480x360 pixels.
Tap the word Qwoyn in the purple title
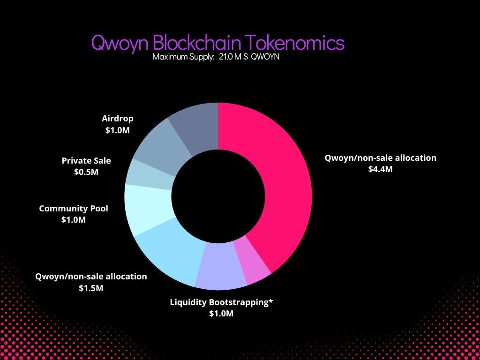pyautogui.click(x=120, y=43)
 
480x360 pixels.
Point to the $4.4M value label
pyautogui.click(x=380, y=169)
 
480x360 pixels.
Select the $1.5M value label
pyautogui.click(x=91, y=288)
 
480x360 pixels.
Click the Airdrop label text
pyautogui.click(x=117, y=119)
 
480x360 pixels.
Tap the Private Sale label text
pyautogui.click(x=86, y=161)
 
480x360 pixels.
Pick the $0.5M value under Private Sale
pyautogui.click(x=86, y=172)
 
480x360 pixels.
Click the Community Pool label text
pyautogui.click(x=74, y=208)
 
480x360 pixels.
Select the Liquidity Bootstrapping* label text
pyautogui.click(x=221, y=302)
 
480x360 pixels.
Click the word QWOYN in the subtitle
pyautogui.click(x=267, y=57)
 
